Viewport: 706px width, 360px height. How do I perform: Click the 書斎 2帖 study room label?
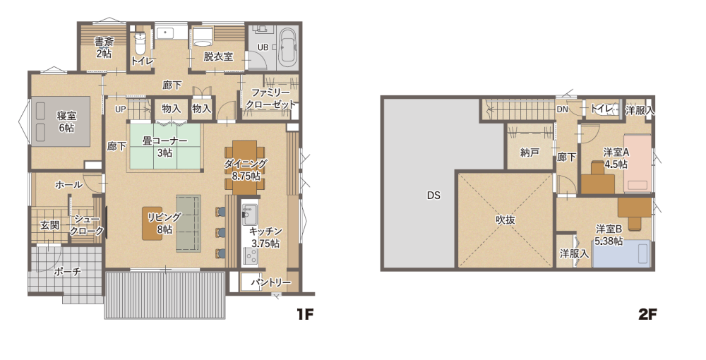coord(104,47)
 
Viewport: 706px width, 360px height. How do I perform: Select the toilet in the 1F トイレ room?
coord(140,42)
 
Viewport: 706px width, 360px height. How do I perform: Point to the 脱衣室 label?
coord(218,56)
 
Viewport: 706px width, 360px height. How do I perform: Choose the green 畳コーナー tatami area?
coord(165,146)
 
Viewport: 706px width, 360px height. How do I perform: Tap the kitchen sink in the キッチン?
coord(249,214)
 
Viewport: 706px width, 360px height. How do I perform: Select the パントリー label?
coord(271,282)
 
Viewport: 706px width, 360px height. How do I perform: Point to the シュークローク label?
coord(87,225)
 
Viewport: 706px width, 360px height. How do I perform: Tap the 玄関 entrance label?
coord(49,224)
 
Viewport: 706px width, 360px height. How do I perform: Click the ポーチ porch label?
coord(68,271)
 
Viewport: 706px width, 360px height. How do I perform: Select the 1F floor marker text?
coord(304,313)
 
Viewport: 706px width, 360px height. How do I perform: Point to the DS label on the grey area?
coord(433,196)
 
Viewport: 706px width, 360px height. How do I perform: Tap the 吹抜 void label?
coord(505,220)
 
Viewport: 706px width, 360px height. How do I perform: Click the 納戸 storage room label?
coord(530,152)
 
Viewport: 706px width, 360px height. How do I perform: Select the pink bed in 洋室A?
coord(638,164)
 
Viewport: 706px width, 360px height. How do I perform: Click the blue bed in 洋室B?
coord(622,254)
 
